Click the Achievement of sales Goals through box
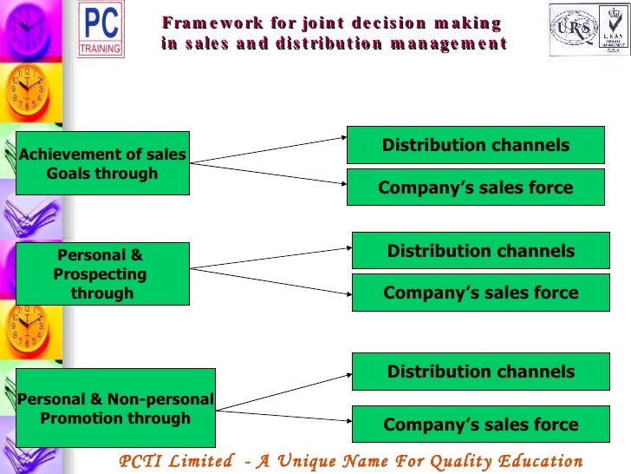pos(103,163)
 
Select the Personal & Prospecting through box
pos(102,273)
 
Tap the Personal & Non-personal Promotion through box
pos(115,408)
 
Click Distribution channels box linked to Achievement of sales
pos(476,145)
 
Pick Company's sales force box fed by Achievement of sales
pos(476,188)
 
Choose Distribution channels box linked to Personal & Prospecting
pos(480,251)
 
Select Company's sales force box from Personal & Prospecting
pos(480,293)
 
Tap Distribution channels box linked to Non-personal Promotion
pos(480,372)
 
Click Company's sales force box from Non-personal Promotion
pos(480,425)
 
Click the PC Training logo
pos(101,30)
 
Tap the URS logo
pos(574,29)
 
